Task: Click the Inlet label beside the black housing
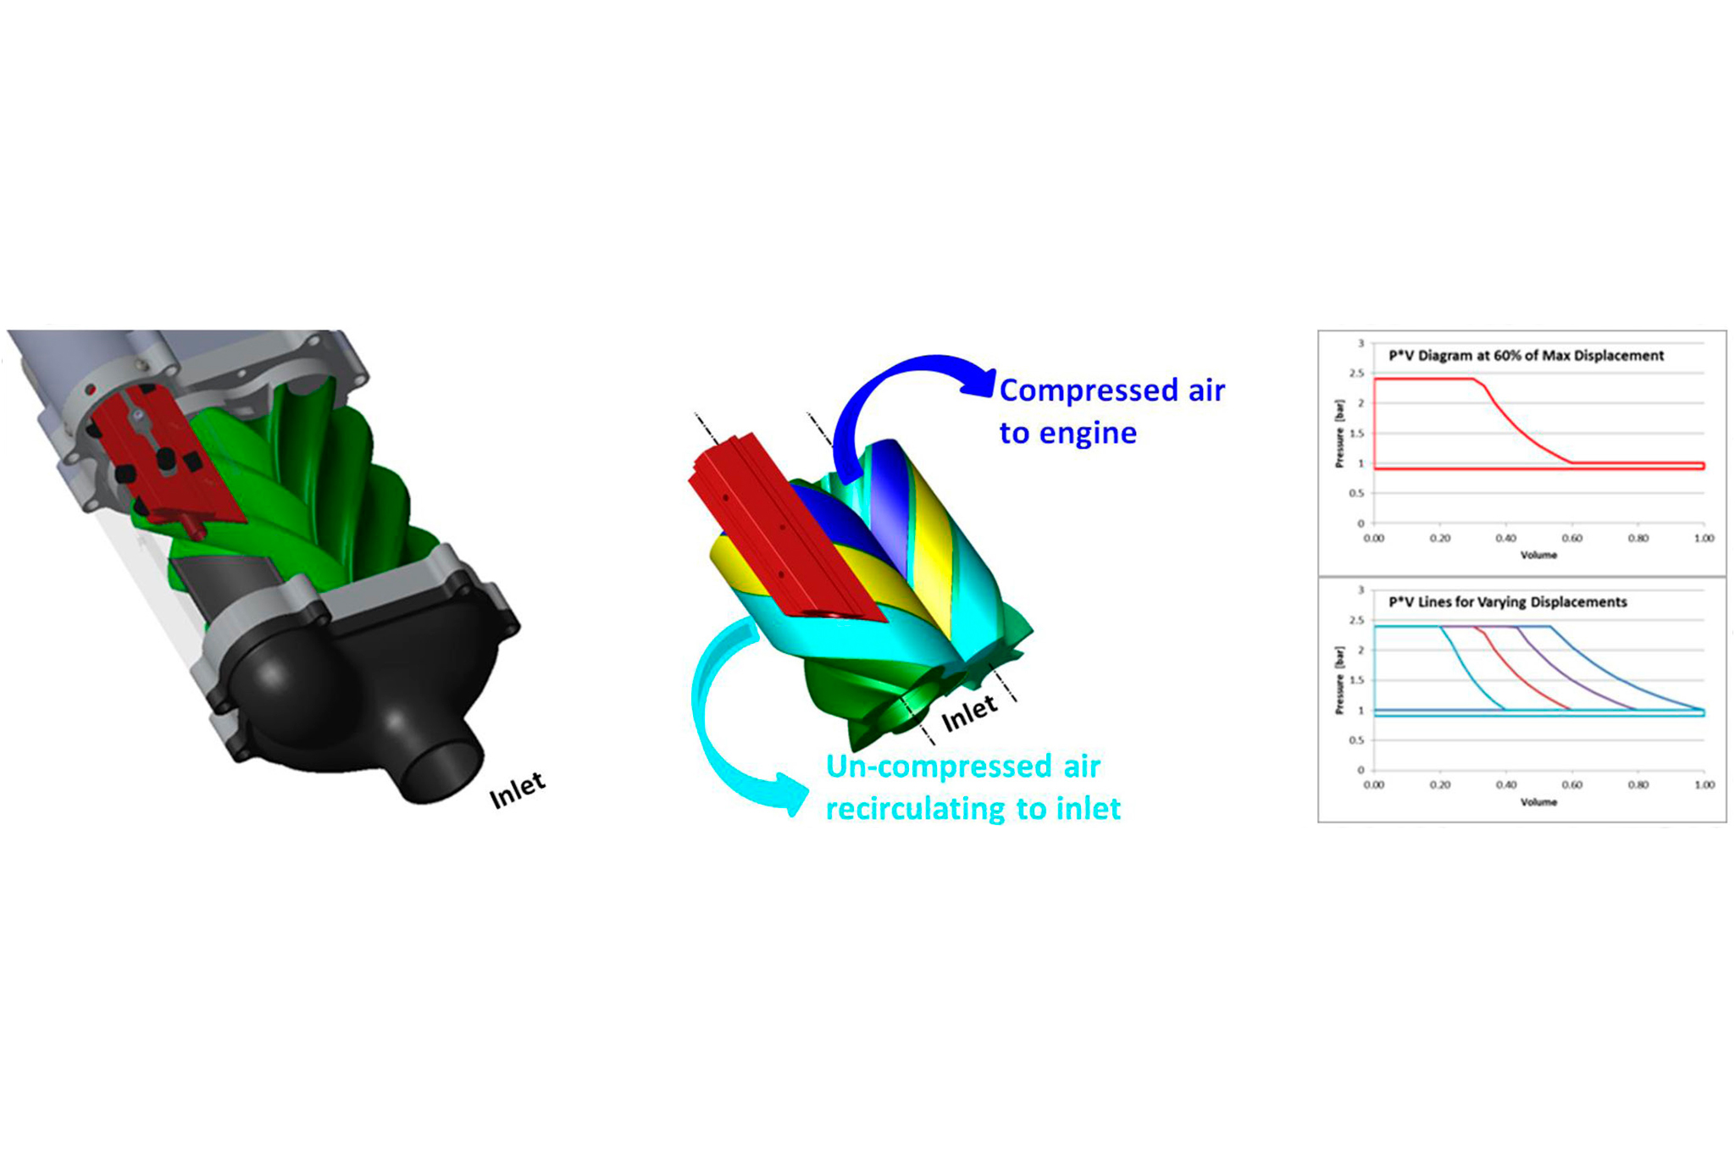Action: (517, 790)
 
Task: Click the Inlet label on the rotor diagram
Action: (969, 713)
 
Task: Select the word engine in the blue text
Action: (1088, 434)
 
